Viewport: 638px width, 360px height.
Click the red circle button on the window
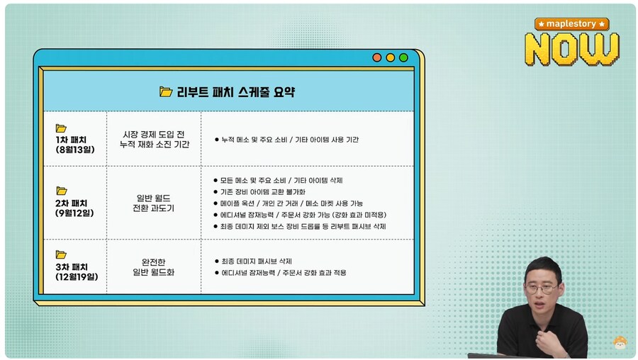377,57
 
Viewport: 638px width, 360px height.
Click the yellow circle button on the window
390,57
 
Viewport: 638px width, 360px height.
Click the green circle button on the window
403,57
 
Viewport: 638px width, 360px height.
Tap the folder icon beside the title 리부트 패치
166,91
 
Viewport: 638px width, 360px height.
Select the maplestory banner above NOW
572,23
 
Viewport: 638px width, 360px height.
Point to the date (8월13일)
74,150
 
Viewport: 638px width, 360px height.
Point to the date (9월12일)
74,213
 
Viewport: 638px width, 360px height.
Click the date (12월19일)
76,277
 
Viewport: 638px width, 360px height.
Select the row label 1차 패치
71,139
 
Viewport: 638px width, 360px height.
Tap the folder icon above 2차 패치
62,191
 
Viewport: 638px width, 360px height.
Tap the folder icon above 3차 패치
62,254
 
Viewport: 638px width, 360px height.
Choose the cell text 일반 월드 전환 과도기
153,203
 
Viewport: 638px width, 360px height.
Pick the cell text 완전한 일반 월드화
153,267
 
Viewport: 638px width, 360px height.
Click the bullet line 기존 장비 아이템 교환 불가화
263,192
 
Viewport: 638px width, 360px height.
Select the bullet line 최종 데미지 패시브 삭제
256,261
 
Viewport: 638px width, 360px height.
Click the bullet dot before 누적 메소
216,140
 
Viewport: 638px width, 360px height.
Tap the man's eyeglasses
541,288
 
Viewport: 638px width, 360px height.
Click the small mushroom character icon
620,343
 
